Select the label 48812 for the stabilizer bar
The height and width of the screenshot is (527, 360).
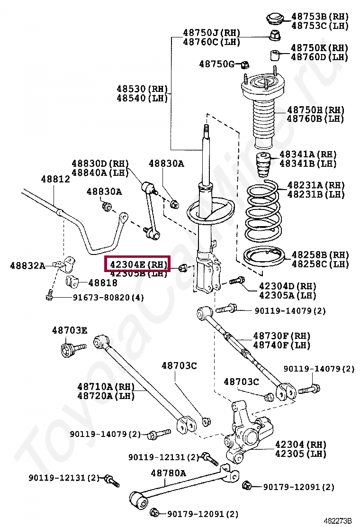coord(55,179)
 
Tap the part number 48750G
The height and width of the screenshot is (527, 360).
coord(216,64)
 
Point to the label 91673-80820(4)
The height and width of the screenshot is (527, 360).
coord(108,297)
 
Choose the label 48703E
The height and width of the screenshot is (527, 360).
coord(69,330)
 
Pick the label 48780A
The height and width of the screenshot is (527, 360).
coord(168,472)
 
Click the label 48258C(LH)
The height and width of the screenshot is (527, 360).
coord(320,264)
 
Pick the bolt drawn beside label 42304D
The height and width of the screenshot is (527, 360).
coord(236,281)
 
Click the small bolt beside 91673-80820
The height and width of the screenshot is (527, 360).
coord(49,296)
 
